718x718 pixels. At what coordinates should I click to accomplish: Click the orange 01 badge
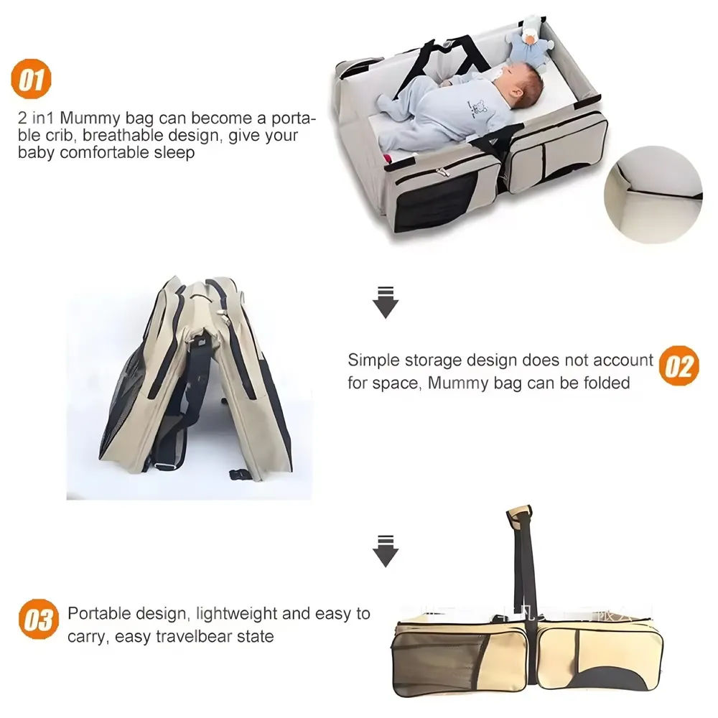[31, 80]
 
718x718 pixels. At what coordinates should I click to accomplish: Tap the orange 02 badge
[679, 365]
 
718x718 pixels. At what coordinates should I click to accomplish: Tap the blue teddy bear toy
[531, 39]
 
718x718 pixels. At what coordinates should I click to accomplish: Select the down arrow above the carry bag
[386, 551]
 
